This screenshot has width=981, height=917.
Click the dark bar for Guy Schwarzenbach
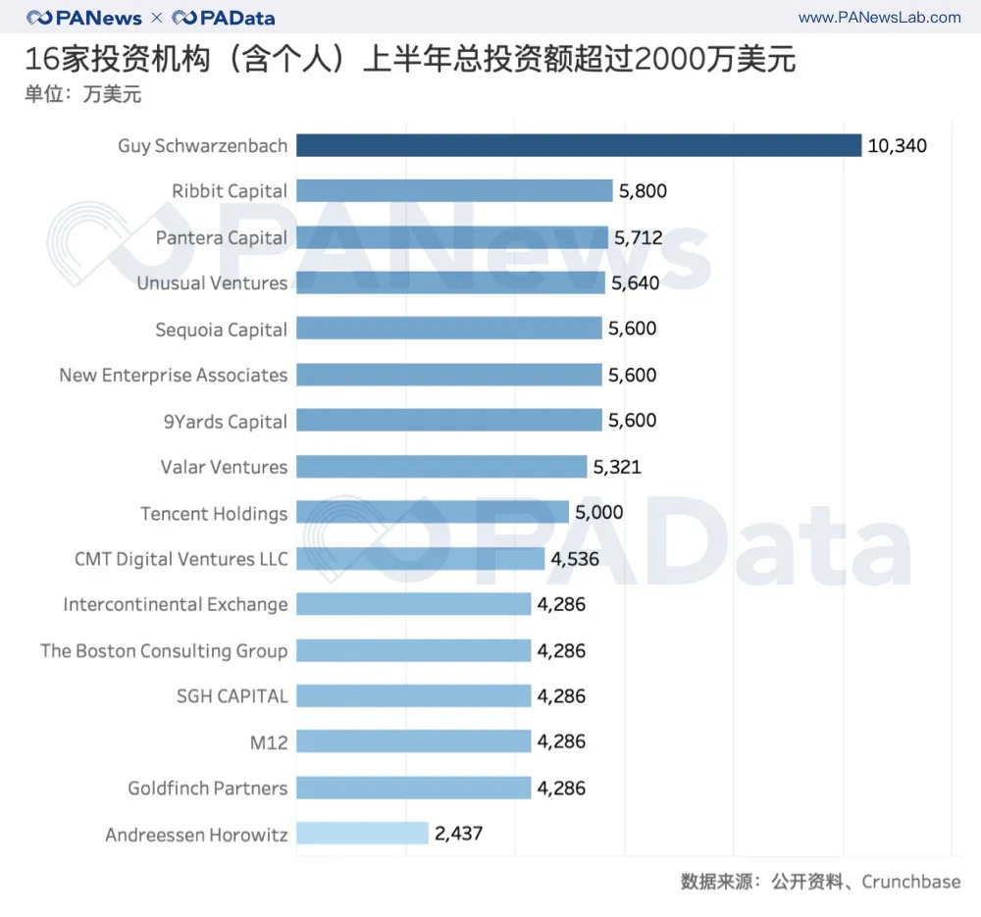click(x=579, y=145)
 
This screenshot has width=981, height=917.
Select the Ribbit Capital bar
click(x=454, y=191)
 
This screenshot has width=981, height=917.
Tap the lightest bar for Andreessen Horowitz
click(x=362, y=834)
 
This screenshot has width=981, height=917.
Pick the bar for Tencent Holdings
click(x=432, y=513)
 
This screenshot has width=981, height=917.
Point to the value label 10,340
click(x=897, y=146)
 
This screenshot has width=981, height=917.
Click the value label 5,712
click(x=638, y=237)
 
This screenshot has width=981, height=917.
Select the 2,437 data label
click(x=459, y=834)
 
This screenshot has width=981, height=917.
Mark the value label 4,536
click(x=575, y=559)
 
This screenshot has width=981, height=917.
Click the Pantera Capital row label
click(x=222, y=237)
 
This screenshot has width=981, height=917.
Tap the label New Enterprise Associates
click(x=174, y=375)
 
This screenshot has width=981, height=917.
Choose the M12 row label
click(x=269, y=742)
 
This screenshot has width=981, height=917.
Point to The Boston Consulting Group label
click(x=164, y=650)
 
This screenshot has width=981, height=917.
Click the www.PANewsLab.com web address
click(x=879, y=18)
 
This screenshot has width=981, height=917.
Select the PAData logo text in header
click(x=224, y=18)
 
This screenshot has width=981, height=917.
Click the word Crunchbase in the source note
click(x=910, y=882)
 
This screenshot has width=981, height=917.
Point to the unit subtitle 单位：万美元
click(x=83, y=95)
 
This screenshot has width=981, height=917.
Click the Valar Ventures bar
click(x=441, y=467)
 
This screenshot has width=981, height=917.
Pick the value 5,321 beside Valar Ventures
click(x=617, y=467)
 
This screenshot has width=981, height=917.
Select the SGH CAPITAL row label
click(x=232, y=696)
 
